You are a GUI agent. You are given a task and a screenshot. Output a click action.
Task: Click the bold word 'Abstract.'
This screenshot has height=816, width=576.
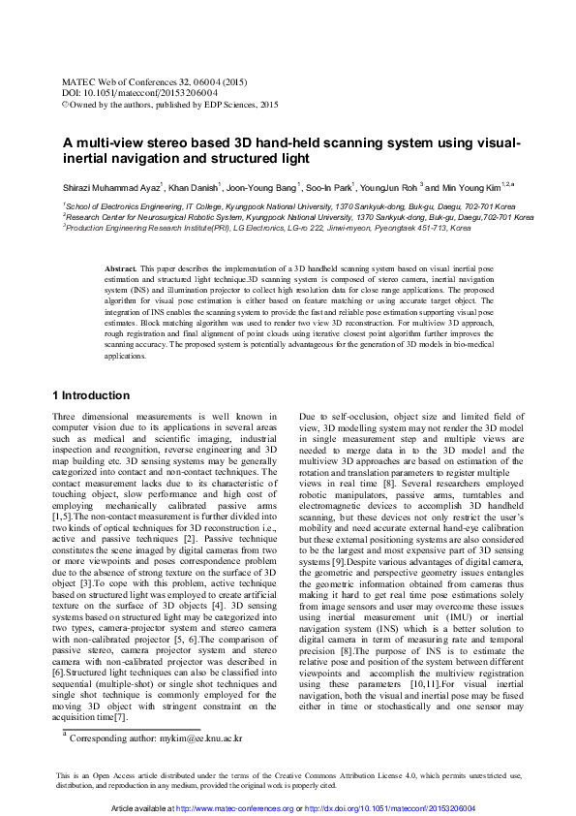(x=120, y=267)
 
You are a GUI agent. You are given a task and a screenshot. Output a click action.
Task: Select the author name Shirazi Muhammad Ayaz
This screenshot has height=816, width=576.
(x=106, y=187)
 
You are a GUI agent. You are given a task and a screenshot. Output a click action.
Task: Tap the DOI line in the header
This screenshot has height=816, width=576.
(x=127, y=94)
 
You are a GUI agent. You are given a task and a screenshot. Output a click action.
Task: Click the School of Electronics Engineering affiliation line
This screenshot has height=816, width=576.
(x=289, y=206)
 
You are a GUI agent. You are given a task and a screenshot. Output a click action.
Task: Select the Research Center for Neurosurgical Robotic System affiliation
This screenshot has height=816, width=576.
(x=299, y=217)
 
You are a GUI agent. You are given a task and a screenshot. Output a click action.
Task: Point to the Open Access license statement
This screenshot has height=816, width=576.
(x=288, y=780)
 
